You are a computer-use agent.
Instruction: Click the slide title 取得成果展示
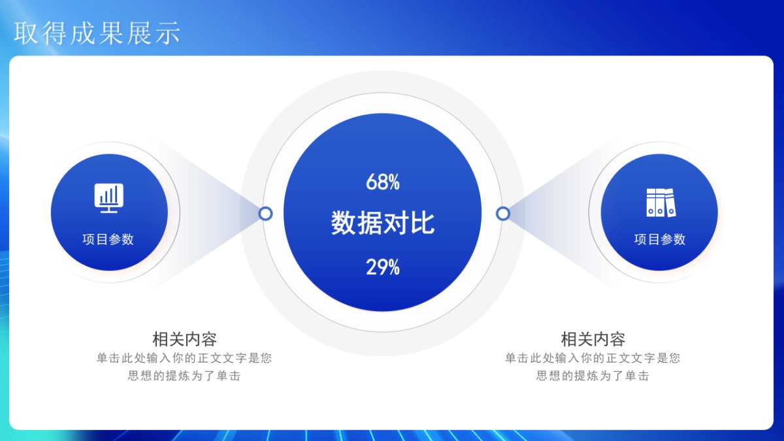point(97,33)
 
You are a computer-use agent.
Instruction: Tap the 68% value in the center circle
point(383,182)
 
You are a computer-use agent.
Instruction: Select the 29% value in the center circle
point(383,267)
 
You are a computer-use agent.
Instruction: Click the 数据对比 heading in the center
point(383,223)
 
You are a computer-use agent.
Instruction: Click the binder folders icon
point(660,202)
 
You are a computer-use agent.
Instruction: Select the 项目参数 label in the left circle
point(108,239)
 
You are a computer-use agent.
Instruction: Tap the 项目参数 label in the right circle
point(660,239)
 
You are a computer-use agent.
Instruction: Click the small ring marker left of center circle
point(265,214)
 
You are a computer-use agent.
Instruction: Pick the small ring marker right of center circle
point(502,214)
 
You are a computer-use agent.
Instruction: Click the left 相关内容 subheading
point(184,339)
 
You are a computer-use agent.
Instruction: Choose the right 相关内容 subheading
point(593,339)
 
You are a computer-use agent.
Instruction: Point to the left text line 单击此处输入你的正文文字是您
point(184,358)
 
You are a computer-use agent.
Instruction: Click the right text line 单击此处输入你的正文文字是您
point(593,358)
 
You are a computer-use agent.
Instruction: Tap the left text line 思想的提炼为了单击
point(184,376)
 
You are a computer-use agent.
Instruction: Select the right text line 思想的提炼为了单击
point(593,376)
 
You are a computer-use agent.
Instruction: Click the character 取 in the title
point(27,33)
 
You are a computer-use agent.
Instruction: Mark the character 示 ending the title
point(168,33)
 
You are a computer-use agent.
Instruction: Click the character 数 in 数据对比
point(344,223)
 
